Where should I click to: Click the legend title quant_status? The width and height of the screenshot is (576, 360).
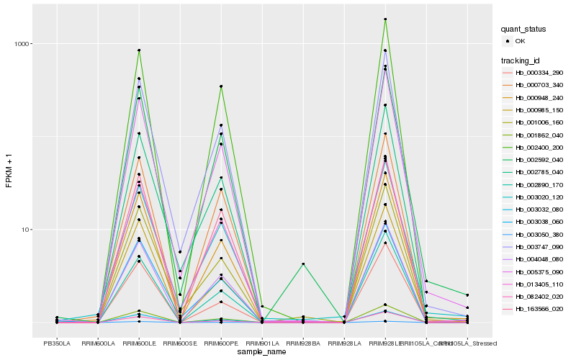[x=525, y=30]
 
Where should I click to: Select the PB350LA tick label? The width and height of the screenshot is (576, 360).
[x=57, y=343]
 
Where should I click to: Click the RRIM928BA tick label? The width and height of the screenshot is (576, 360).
[x=303, y=343]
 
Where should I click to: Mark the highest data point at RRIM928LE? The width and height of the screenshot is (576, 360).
[x=385, y=19]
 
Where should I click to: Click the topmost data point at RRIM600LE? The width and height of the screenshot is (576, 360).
[x=139, y=50]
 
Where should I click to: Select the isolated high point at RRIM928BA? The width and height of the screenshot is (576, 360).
[x=303, y=264]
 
